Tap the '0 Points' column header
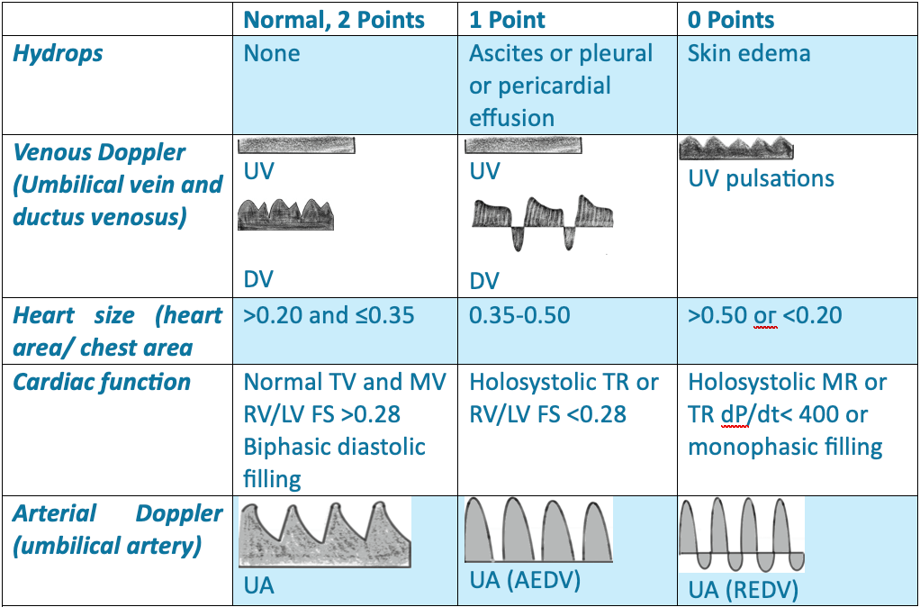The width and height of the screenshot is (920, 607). [x=731, y=19]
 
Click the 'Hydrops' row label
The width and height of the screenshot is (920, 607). [x=58, y=53]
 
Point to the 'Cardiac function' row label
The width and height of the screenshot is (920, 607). [x=102, y=382]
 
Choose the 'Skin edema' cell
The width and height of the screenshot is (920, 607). [x=749, y=53]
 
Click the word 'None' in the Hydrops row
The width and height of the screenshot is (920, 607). [x=272, y=53]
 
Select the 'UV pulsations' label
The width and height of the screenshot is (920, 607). [x=761, y=178]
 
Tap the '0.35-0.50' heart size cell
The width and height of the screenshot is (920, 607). [x=519, y=316]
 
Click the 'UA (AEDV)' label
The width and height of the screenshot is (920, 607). [x=525, y=580]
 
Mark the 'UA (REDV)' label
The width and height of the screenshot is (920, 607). [x=743, y=591]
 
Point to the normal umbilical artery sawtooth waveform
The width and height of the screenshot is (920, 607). [x=325, y=535]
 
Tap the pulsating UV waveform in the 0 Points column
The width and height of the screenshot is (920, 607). [x=735, y=149]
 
